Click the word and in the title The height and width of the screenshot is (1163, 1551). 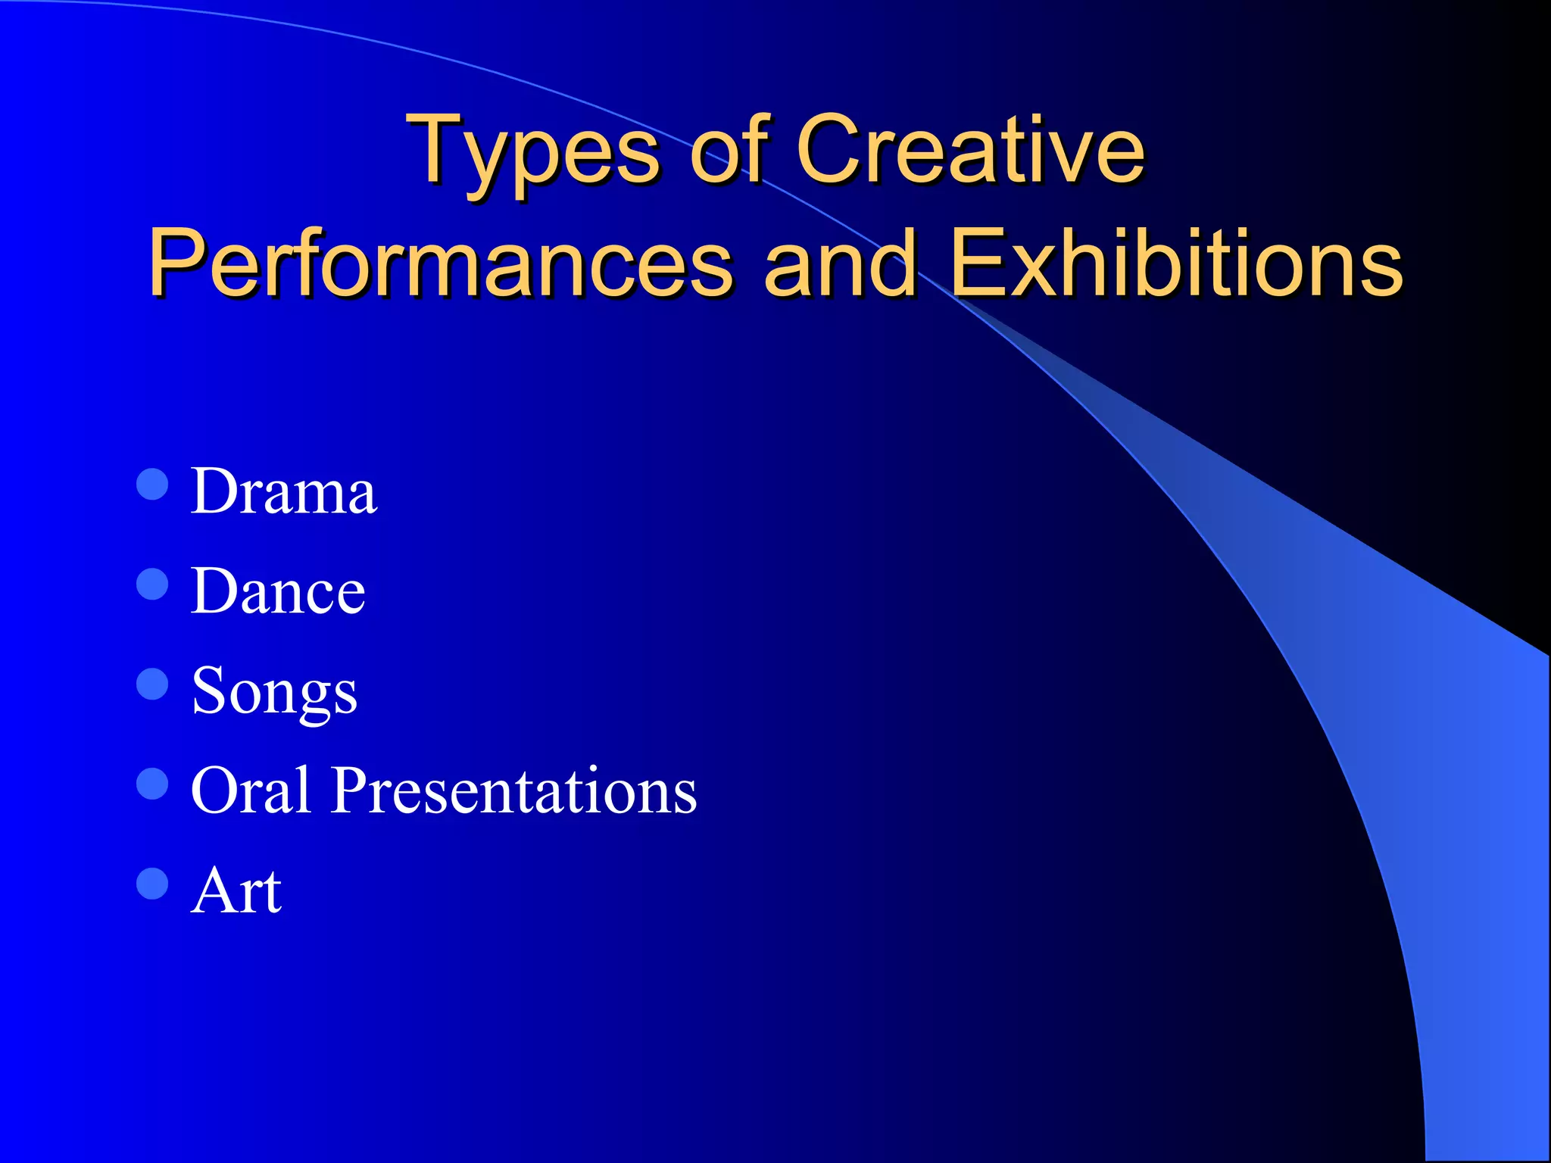[840, 263]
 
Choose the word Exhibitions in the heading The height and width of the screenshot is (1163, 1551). [1176, 263]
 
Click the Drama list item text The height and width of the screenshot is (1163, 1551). [283, 491]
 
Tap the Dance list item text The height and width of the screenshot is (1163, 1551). [278, 591]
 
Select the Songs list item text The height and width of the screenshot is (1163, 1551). [274, 691]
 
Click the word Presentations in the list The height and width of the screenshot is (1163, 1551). [514, 790]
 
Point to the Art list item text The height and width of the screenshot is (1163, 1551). [236, 890]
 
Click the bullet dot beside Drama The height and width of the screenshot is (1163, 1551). [152, 484]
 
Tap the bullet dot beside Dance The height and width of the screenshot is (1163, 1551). [152, 584]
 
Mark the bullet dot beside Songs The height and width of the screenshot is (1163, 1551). [152, 684]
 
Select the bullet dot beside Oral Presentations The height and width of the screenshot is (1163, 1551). [152, 784]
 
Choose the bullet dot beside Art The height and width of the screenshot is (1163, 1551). [152, 883]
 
